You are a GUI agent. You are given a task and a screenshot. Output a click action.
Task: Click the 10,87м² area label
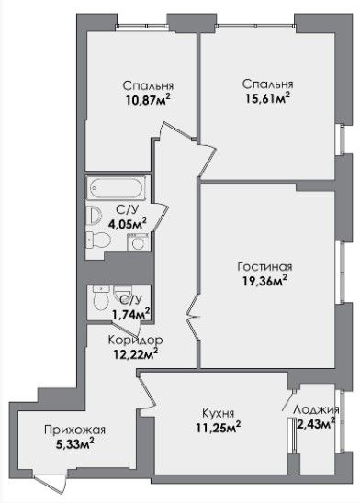coord(148,100)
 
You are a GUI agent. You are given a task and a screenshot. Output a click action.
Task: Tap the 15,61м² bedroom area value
coord(267,98)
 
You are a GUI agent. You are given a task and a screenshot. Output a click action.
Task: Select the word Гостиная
coord(264,266)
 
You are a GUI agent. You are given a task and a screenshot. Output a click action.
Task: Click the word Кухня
coord(218,412)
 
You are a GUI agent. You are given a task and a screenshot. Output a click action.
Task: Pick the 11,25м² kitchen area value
coord(219,427)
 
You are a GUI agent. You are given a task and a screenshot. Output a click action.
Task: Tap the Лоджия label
coord(316,409)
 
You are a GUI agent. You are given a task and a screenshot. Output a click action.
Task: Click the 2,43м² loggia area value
coord(316,423)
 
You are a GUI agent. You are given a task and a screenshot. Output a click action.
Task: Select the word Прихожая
coord(74,430)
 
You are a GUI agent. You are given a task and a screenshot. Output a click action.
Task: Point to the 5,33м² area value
coord(74,443)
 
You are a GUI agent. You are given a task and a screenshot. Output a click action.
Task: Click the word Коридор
coord(135,340)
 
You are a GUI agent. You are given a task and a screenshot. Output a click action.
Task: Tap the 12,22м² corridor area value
coord(135,353)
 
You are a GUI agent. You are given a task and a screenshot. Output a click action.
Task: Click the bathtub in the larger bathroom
coord(118,187)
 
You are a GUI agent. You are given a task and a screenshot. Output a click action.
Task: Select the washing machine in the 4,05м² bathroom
coord(139,242)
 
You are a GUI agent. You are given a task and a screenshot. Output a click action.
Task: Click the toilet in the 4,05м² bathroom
coord(99,240)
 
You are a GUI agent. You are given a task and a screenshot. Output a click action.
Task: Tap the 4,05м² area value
coord(128,223)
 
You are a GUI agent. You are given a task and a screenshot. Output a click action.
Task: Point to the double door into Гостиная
coord(194,317)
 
